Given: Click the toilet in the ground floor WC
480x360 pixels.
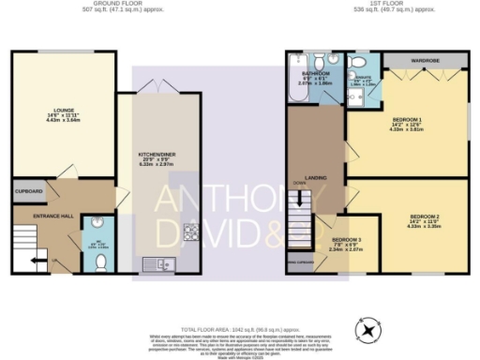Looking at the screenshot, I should pos(99,255).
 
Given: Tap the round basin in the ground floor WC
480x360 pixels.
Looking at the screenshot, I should pos(100,224).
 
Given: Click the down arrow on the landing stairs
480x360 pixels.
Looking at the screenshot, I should pos(300,199).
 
